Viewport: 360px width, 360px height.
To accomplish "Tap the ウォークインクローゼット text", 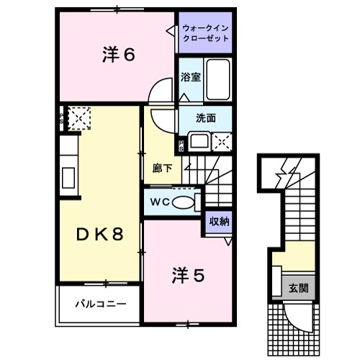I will point(206,32).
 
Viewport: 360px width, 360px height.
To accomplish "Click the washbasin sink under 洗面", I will point(197,140).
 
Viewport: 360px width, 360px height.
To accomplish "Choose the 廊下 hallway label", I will point(163,168).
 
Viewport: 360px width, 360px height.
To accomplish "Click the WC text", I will point(159,202).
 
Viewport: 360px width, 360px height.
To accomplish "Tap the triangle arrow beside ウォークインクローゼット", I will point(170,31).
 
